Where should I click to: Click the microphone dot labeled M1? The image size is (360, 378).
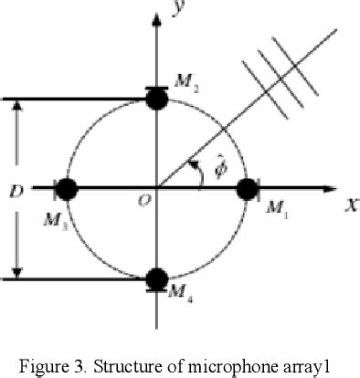(247, 189)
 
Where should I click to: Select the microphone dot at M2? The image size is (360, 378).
(156, 99)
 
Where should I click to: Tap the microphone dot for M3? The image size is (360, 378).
(67, 189)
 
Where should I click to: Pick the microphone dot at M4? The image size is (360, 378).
(156, 278)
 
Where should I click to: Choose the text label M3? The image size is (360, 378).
(44, 220)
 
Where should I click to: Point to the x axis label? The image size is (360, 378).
(349, 205)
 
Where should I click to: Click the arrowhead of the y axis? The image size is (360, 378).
(156, 7)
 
